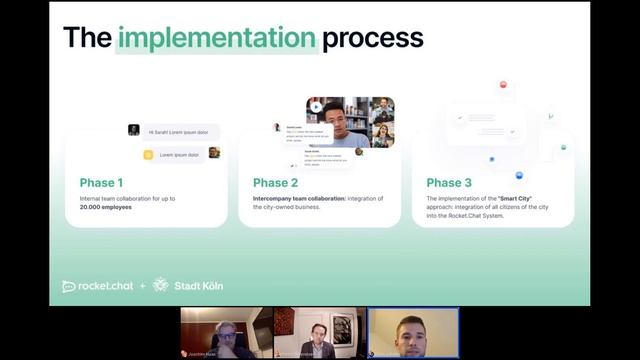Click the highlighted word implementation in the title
pyautogui.click(x=216, y=38)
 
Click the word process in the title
pyautogui.click(x=372, y=38)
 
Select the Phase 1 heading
pyautogui.click(x=102, y=183)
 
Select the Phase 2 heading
pyautogui.click(x=275, y=183)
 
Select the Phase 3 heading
pyautogui.click(x=449, y=183)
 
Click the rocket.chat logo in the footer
pyautogui.click(x=97, y=286)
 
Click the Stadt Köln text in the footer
pyautogui.click(x=198, y=286)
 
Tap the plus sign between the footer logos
pyautogui.click(x=142, y=286)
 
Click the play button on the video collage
pyautogui.click(x=316, y=107)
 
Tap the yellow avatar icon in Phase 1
pyautogui.click(x=148, y=154)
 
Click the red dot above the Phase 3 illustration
pyautogui.click(x=503, y=85)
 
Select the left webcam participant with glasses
pyautogui.click(x=225, y=335)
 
